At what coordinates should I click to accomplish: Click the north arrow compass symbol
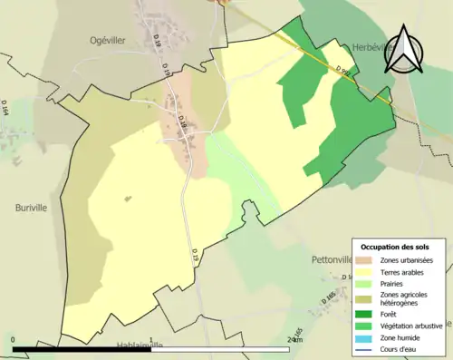coord(405,50)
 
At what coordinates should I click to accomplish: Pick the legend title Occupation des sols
coord(395,247)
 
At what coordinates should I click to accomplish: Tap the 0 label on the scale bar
coord(14,339)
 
